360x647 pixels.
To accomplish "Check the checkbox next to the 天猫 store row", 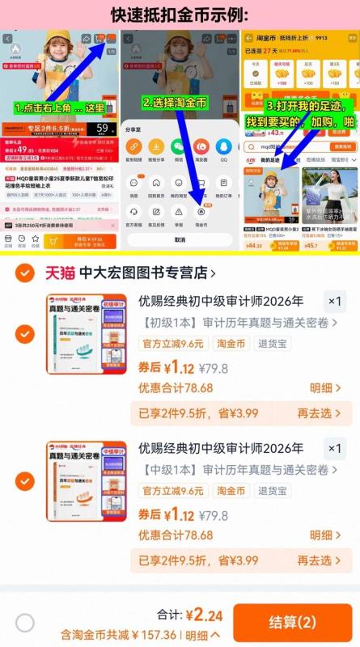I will [x=24, y=273].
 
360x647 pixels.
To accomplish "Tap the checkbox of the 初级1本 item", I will [x=25, y=333].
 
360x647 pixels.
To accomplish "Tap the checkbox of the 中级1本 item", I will [x=25, y=482].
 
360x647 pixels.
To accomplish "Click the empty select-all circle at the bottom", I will [x=25, y=622].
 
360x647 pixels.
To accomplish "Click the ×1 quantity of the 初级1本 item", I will [x=334, y=302].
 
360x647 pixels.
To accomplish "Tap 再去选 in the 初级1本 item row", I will [x=314, y=412].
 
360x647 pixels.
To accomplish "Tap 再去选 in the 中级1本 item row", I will [x=314, y=560].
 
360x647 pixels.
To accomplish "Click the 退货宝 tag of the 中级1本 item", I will [x=273, y=491].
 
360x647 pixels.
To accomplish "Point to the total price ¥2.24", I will [x=202, y=615].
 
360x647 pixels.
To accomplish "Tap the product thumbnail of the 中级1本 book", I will [x=86, y=482].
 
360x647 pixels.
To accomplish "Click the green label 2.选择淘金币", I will [x=176, y=104].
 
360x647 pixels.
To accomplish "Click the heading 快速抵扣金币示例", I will [x=180, y=15].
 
